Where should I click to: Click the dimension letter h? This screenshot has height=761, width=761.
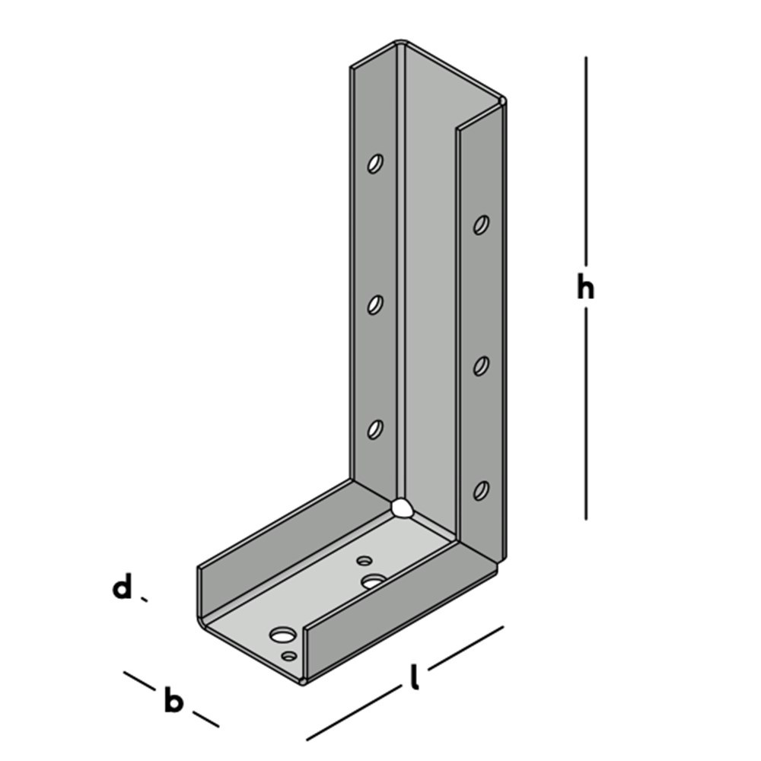pyautogui.click(x=584, y=288)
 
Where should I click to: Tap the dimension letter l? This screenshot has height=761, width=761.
pyautogui.click(x=414, y=677)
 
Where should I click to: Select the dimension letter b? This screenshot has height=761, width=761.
pyautogui.click(x=174, y=701)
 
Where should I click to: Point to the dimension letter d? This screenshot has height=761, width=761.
pyautogui.click(x=122, y=589)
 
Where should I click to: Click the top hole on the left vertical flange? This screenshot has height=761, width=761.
pyautogui.click(x=375, y=163)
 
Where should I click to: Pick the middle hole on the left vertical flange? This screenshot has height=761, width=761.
pyautogui.click(x=375, y=304)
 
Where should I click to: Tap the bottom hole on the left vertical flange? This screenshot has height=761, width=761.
pyautogui.click(x=374, y=429)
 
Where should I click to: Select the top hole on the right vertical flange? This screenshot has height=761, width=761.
pyautogui.click(x=481, y=224)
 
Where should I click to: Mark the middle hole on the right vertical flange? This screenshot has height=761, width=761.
pyautogui.click(x=481, y=365)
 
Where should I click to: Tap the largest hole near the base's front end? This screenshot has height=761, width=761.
pyautogui.click(x=283, y=634)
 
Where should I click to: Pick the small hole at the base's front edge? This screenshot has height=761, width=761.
pyautogui.click(x=288, y=655)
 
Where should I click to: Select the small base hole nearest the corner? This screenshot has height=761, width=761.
pyautogui.click(x=365, y=561)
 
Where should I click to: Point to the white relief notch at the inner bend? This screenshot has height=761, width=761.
pyautogui.click(x=401, y=508)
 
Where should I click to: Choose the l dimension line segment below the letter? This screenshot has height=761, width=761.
pyautogui.click(x=354, y=714)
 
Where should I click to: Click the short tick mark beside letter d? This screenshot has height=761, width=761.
pyautogui.click(x=144, y=600)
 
